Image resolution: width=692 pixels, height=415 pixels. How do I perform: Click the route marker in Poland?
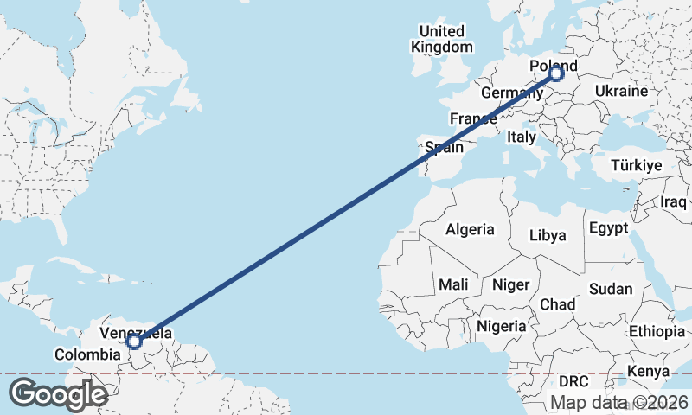[x=556, y=74]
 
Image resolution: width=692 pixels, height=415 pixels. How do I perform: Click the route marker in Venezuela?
[x=134, y=342]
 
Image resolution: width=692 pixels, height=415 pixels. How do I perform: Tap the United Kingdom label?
[x=443, y=39]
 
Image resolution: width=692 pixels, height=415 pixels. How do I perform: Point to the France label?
[x=472, y=118]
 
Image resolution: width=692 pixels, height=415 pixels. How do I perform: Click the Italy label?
[x=522, y=137]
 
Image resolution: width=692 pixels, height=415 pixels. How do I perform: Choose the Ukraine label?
[x=621, y=91]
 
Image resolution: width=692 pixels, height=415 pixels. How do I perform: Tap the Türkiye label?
[x=636, y=165]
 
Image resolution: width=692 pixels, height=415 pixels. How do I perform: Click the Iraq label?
[x=673, y=201]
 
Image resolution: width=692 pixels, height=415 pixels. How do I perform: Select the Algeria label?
[x=470, y=229]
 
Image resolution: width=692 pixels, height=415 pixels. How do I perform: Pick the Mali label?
[x=453, y=284]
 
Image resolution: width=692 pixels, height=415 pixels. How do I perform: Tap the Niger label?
[x=510, y=284]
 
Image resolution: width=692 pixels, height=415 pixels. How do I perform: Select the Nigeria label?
[x=502, y=326]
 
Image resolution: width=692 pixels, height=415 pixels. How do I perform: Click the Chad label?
[x=557, y=304]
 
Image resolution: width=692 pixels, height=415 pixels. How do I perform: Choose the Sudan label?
[x=611, y=289]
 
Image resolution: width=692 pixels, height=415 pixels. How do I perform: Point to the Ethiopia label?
[x=657, y=331]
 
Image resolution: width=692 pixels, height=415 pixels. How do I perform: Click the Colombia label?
[x=86, y=354]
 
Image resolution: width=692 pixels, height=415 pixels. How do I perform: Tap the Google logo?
[x=58, y=394]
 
